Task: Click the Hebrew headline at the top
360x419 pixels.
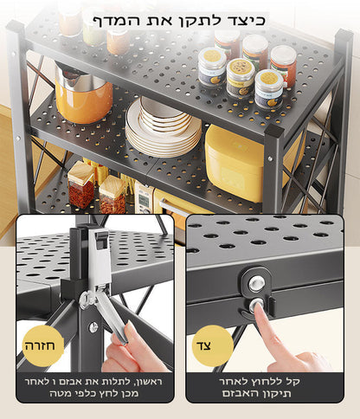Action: point(179,21)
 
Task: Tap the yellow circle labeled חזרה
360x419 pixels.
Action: point(42,345)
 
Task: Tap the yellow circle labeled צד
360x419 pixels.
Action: point(212,345)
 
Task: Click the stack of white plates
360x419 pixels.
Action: point(163,127)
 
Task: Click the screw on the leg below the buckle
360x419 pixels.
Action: point(93,326)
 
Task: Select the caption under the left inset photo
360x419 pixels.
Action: point(93,387)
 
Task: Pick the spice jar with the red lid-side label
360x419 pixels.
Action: point(284,66)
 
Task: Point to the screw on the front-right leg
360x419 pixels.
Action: point(270,158)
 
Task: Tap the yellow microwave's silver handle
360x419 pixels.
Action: point(173,209)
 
